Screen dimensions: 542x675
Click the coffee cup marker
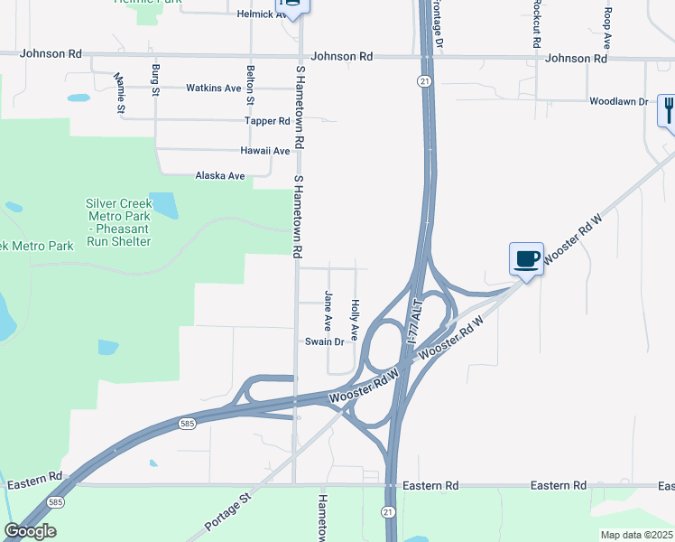point(526,259)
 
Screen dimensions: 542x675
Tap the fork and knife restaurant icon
point(668,111)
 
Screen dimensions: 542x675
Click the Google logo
point(30,531)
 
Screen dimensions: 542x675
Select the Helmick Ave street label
point(261,14)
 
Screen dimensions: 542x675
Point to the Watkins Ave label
point(213,89)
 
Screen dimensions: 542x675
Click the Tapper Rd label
point(267,120)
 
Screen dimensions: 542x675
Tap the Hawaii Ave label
point(264,151)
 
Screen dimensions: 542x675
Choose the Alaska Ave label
point(220,176)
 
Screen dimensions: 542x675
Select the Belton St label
point(250,84)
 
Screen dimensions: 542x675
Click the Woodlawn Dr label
point(619,102)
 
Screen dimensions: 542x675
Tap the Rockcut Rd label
point(536,24)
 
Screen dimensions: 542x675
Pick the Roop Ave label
point(608,27)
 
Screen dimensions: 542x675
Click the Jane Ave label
point(328,309)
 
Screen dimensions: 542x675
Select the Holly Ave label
point(356,319)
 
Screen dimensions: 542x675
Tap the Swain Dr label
point(324,341)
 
